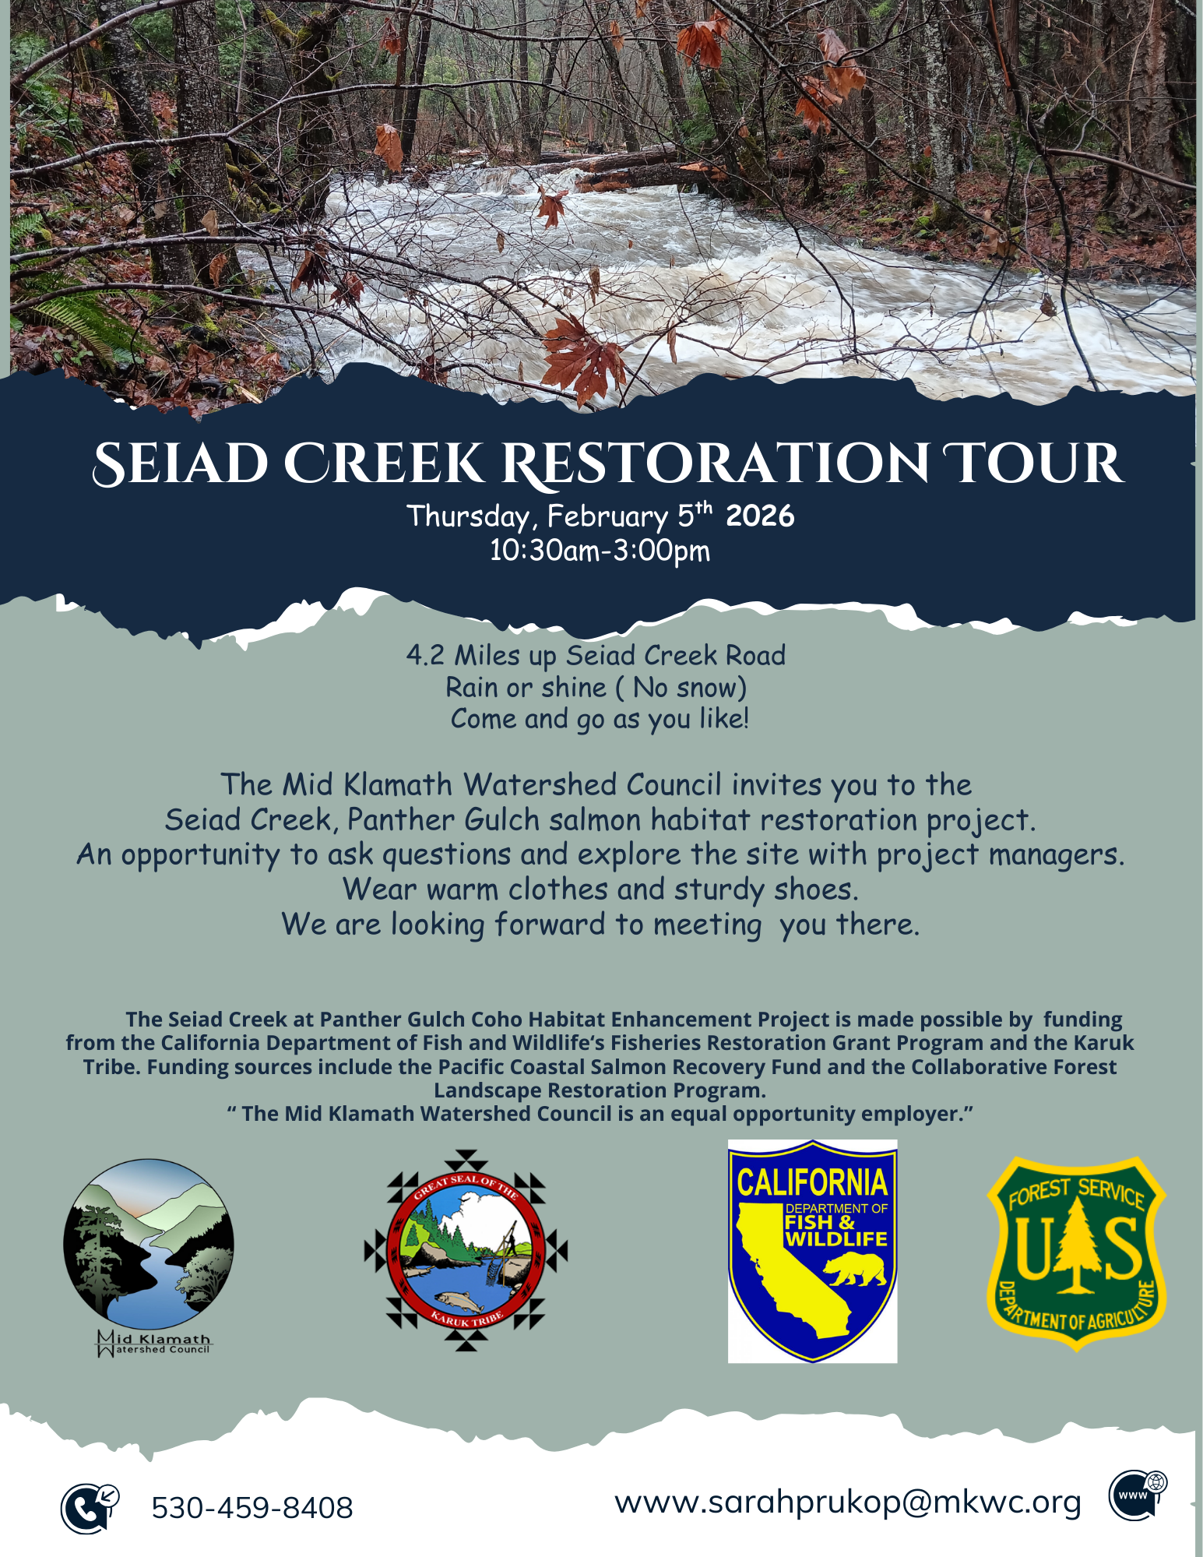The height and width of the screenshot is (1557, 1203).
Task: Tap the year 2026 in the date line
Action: [x=760, y=516]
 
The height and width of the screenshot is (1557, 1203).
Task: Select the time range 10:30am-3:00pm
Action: [x=600, y=551]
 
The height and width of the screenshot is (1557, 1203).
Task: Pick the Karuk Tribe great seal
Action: [x=466, y=1251]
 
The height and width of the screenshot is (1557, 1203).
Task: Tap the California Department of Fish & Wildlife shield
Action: [x=812, y=1251]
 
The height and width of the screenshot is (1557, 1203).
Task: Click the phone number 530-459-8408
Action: [x=252, y=1508]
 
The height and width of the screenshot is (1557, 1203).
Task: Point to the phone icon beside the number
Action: [x=88, y=1508]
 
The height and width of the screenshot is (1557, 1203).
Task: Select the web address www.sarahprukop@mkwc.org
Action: [x=848, y=1502]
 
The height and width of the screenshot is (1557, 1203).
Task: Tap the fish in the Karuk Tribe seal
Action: [x=459, y=1299]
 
